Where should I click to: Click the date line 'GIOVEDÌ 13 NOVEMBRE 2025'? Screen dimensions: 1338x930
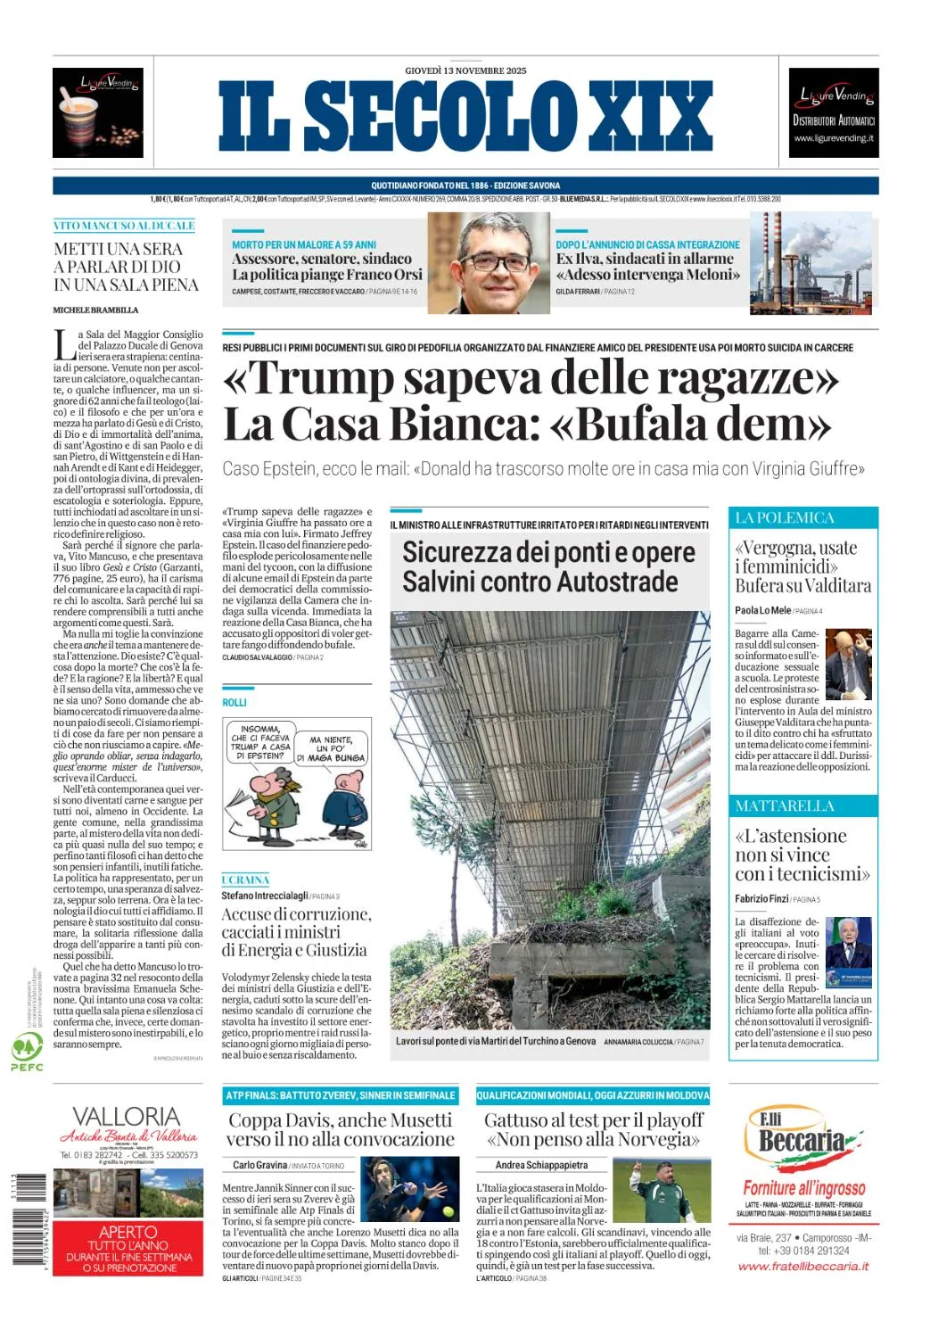coord(465,70)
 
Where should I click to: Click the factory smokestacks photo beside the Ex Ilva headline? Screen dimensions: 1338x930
coord(810,263)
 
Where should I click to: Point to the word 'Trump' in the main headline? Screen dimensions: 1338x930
coord(318,378)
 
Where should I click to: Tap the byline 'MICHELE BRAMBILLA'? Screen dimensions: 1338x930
coord(96,310)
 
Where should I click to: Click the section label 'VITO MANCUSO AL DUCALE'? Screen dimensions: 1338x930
coord(124,226)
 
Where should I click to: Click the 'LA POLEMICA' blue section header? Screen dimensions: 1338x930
coord(785,517)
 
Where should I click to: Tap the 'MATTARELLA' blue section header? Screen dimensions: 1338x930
coord(785,805)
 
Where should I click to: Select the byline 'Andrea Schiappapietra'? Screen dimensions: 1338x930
coord(541,1165)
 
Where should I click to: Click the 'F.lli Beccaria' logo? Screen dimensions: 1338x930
coord(802,1136)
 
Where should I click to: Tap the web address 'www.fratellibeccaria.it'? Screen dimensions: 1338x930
coord(803,1267)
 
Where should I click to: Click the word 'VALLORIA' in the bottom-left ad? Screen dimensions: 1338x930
coord(126,1116)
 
